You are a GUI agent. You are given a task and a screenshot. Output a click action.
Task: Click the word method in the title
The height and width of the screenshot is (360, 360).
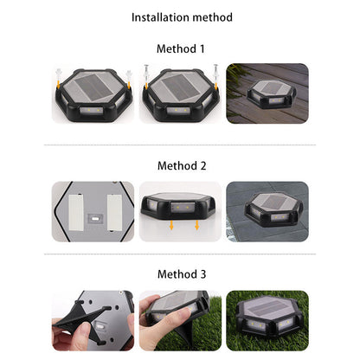tap(212, 17)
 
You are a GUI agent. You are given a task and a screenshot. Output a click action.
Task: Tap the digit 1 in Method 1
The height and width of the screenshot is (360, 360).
tap(202, 48)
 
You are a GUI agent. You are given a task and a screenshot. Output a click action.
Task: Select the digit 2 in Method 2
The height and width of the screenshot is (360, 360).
tap(203, 166)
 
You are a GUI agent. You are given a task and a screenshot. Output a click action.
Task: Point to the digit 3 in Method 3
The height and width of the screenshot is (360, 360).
tap(203, 274)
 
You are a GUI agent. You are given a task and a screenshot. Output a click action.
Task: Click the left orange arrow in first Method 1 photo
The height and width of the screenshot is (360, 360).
tap(58, 85)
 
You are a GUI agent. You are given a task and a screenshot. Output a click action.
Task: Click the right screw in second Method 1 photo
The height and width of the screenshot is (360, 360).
tap(215, 72)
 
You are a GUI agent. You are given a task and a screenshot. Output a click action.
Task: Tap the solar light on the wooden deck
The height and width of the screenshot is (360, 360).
tap(271, 93)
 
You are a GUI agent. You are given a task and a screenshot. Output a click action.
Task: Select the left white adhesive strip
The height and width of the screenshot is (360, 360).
tap(76, 212)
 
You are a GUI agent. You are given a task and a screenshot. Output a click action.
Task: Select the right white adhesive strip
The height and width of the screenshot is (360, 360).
tap(114, 213)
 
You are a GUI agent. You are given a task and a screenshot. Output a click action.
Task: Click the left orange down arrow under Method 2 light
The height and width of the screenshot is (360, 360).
tap(171, 225)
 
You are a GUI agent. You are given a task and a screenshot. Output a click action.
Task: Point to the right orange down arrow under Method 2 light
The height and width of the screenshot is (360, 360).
tap(197, 225)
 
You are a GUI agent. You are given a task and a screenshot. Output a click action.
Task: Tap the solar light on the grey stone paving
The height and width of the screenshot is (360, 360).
tap(273, 209)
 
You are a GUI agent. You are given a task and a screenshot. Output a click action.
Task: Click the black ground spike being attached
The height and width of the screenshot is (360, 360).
tap(84, 323)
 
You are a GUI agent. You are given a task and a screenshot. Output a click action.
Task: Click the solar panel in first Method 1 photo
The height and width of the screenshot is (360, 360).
tap(93, 86)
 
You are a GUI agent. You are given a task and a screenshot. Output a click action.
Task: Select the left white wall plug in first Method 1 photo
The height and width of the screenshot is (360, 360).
tap(59, 74)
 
